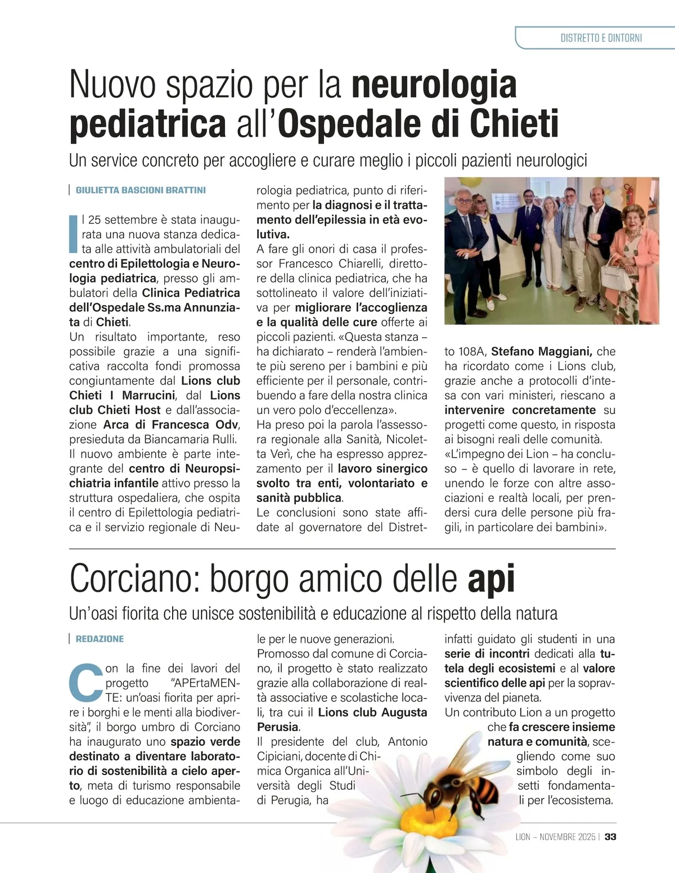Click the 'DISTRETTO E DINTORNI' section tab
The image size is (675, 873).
601,38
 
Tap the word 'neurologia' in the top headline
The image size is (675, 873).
434,84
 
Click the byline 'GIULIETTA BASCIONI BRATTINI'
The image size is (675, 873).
141,190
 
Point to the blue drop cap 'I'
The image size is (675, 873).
73,232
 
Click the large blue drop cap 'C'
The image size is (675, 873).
85,682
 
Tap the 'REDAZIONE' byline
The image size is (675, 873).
100,639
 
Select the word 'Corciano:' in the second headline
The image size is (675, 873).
134,579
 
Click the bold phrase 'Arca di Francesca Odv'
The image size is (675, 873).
172,425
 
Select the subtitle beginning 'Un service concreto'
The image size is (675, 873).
328,161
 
